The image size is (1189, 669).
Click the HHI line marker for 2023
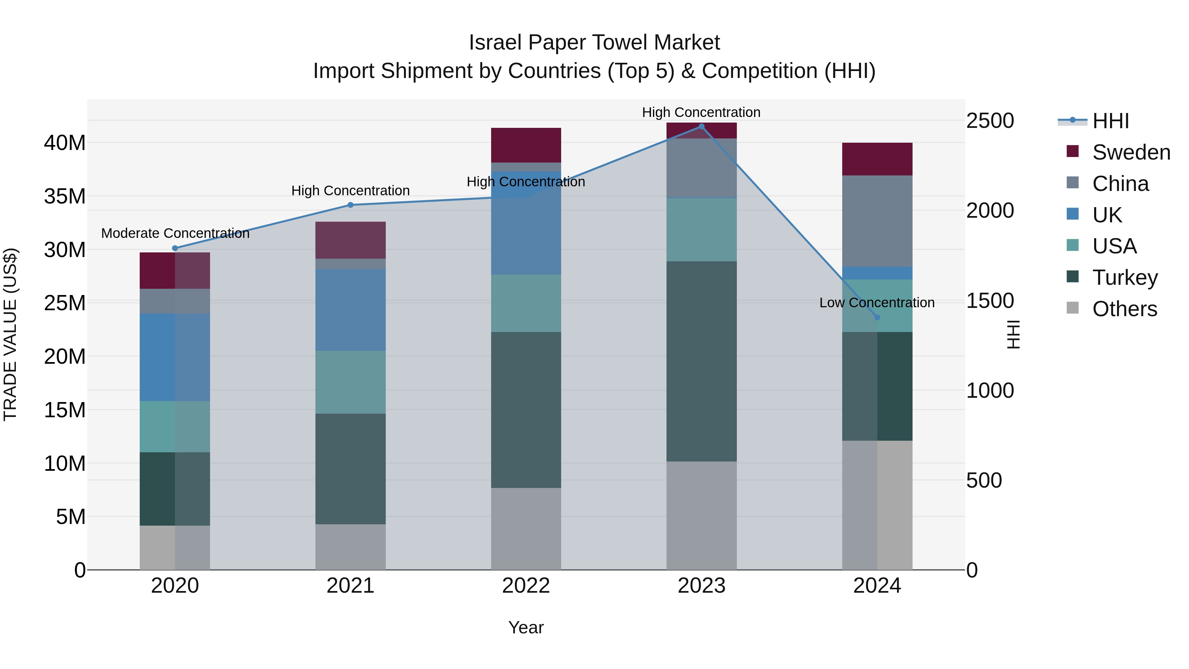(701, 127)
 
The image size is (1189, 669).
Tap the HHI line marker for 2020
(175, 248)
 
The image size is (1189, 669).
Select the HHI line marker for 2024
(877, 317)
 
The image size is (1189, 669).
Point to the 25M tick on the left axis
(65, 303)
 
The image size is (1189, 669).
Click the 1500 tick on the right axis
(990, 301)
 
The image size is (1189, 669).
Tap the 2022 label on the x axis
(526, 586)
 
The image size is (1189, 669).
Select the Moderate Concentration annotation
(175, 234)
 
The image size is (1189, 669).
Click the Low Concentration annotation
(877, 303)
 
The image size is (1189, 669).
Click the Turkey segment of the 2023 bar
(701, 361)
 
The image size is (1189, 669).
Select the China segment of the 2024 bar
(877, 221)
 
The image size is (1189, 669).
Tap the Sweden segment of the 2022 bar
(526, 145)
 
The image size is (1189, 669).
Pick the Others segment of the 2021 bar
(350, 547)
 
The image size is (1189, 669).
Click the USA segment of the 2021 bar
(350, 382)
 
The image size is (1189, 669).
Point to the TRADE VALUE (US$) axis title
(10, 334)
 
